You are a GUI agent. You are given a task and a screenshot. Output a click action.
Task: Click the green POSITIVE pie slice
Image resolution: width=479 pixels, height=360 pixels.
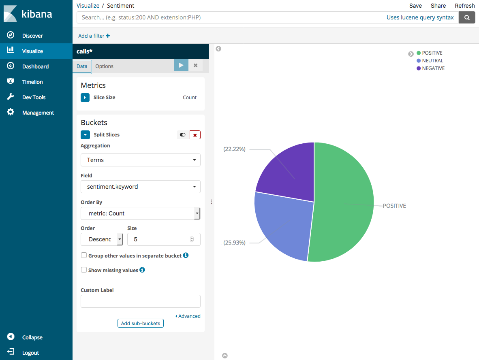click(x=344, y=202)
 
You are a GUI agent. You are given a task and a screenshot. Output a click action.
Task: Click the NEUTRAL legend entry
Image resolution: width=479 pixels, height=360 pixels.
click(x=432, y=61)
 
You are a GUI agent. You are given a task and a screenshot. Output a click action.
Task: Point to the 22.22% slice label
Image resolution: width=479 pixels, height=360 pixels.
click(x=234, y=149)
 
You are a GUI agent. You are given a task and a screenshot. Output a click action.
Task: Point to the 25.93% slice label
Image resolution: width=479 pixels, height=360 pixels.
click(x=234, y=243)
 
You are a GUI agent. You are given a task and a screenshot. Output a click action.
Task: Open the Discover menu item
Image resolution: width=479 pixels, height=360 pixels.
click(x=32, y=36)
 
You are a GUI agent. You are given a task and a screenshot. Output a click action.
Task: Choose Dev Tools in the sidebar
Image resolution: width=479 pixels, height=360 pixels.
click(x=34, y=97)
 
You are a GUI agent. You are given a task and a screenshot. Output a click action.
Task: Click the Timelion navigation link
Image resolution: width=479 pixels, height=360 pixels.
click(x=32, y=82)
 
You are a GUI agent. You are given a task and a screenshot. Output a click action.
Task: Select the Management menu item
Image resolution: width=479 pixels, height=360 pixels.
click(x=38, y=113)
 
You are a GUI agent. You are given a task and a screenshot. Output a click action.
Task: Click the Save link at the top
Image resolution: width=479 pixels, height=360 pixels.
click(x=415, y=6)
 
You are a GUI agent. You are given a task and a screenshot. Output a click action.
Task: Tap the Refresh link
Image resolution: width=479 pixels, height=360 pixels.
click(x=464, y=6)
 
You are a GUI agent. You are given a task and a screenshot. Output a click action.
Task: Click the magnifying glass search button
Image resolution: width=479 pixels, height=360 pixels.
click(x=467, y=17)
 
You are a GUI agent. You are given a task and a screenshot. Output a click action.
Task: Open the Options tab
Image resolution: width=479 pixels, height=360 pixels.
click(x=104, y=66)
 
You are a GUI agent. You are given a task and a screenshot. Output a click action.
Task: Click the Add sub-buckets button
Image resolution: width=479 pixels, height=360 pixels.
click(x=140, y=323)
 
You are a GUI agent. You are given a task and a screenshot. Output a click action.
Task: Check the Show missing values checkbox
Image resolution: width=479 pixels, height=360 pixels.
click(x=84, y=270)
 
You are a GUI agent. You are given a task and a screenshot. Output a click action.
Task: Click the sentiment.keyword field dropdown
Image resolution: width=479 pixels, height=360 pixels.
click(x=140, y=187)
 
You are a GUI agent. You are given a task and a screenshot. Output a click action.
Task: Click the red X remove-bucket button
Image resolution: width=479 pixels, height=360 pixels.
click(x=195, y=135)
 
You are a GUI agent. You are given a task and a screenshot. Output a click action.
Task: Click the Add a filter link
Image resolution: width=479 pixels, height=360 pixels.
click(x=94, y=36)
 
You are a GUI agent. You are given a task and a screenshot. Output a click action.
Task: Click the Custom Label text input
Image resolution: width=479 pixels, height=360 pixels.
click(x=140, y=301)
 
